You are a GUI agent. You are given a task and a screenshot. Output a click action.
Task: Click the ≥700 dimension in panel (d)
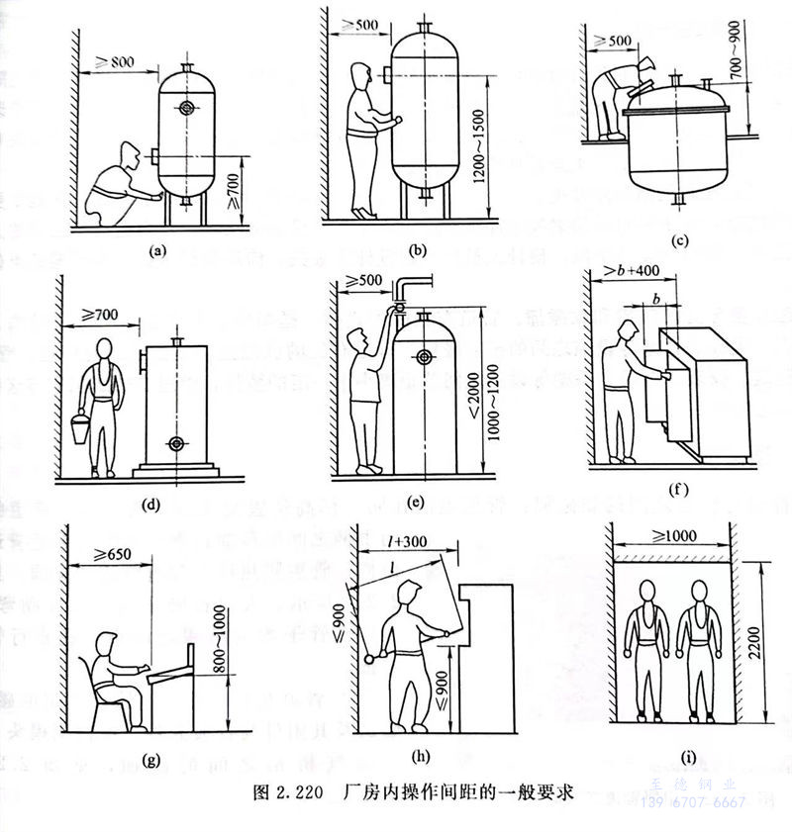tap(100, 316)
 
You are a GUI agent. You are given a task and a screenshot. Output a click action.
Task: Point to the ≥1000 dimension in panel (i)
tap(673, 535)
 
